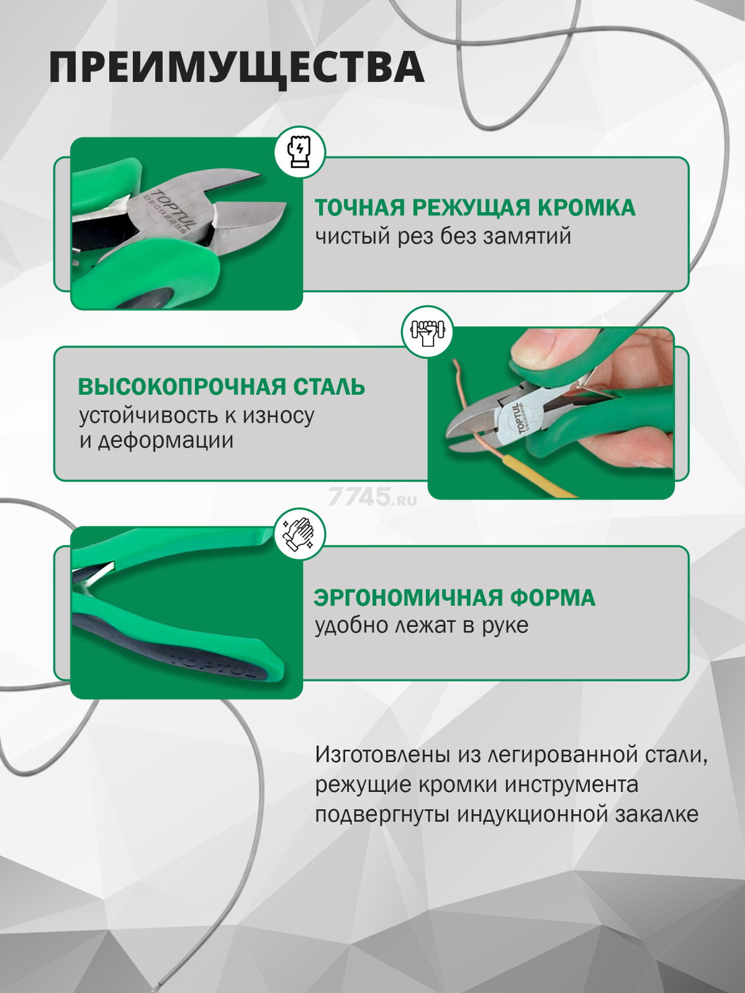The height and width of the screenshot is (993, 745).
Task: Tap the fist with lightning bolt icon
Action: pos(299,152)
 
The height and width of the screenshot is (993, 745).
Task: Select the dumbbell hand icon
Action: pos(427,331)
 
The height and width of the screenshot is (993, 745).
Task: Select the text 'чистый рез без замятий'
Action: pos(443,236)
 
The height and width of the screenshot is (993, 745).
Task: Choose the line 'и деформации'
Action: pos(156,441)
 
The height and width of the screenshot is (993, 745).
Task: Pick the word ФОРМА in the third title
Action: pos(553,598)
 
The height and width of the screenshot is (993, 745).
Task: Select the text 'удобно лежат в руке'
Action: pos(421,626)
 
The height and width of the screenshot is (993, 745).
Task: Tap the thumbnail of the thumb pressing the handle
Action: pos(537,348)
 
